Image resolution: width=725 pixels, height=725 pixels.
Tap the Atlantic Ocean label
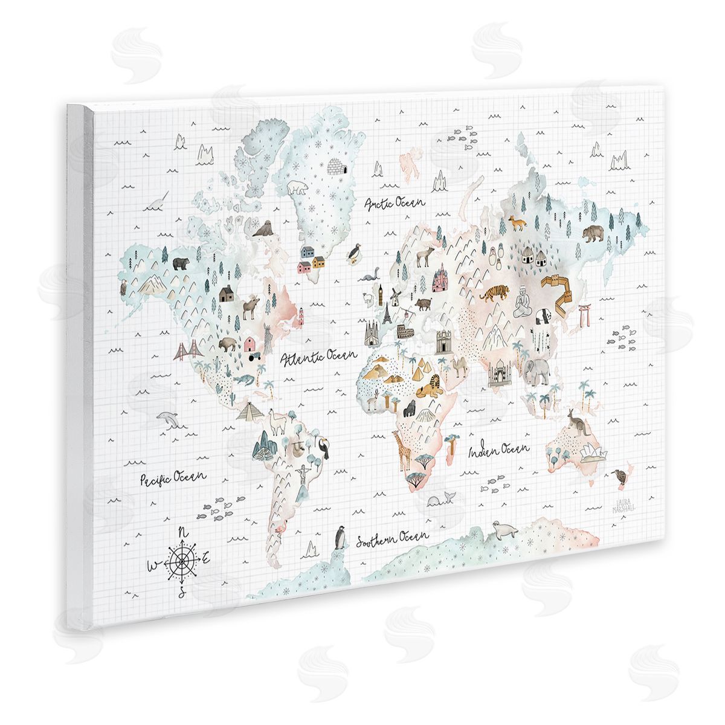[x=319, y=358]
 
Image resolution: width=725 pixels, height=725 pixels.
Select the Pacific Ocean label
[x=173, y=477]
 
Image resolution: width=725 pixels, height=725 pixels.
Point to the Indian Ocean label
[x=500, y=450]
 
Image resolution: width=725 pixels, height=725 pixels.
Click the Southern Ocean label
[x=392, y=538]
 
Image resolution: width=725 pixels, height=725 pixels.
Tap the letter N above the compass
[x=184, y=532]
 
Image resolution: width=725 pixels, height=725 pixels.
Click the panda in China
[x=542, y=317]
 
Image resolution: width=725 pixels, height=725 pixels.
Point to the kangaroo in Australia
[x=574, y=422]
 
